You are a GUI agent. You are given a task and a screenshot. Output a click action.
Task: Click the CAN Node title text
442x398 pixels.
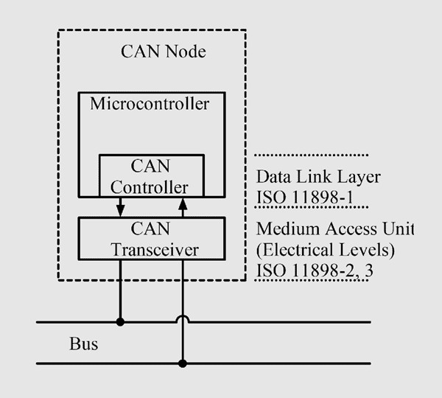pos(164,52)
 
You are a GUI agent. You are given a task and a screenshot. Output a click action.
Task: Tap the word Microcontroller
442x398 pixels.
pos(150,104)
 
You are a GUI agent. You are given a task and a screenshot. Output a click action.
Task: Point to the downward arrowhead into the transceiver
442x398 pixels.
pos(120,210)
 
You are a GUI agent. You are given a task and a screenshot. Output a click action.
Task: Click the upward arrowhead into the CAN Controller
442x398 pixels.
pos(183,204)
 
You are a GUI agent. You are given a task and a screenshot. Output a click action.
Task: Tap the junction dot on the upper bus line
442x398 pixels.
pos(120,322)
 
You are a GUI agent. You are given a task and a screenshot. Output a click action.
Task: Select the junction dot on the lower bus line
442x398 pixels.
pos(183,363)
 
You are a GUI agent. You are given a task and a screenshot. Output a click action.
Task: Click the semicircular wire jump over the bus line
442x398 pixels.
pos(183,316)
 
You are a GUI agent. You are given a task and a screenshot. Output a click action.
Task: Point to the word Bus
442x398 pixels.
pos(84,344)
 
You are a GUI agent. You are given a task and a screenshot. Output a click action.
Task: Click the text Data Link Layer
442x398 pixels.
pos(318,177)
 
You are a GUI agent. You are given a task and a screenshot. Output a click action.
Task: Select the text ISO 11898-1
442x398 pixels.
pos(304,197)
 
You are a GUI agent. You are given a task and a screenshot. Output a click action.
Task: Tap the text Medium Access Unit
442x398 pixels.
pos(335,228)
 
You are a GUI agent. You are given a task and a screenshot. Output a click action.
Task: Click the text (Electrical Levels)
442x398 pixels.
pos(326,250)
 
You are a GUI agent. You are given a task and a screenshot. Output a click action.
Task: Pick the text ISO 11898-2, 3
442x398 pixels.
pos(315,270)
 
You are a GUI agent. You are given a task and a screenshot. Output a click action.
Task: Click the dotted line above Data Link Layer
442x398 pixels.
pos(311,155)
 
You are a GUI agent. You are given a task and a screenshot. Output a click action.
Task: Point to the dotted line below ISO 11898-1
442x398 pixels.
pos(311,207)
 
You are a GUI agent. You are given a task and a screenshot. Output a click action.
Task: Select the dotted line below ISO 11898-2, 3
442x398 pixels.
pos(311,280)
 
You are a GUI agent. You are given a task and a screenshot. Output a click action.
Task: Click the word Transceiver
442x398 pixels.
pos(155,250)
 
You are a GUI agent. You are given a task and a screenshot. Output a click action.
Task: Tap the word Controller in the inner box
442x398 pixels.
pos(149,187)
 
